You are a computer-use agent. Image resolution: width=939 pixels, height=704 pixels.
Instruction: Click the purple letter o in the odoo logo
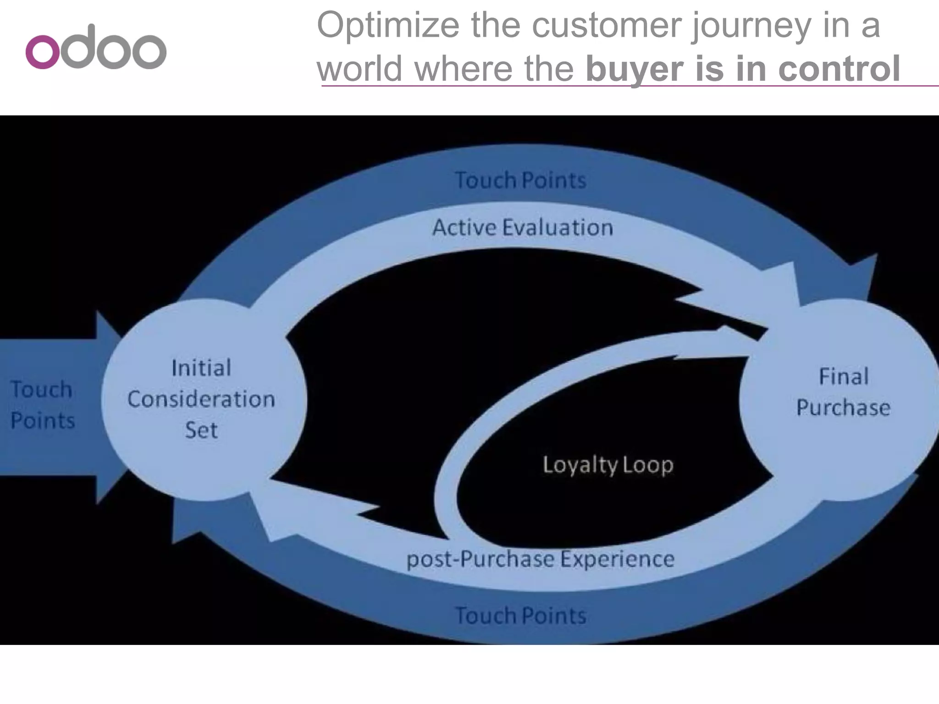[x=43, y=52]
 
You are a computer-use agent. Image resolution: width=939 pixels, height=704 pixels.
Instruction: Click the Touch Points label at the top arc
[x=520, y=180]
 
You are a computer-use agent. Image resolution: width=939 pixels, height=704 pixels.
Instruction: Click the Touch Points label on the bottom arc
[x=520, y=616]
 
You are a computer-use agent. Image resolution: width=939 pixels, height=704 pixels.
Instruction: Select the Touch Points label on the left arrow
[x=42, y=405]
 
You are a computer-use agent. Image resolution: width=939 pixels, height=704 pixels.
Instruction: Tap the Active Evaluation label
[x=523, y=228]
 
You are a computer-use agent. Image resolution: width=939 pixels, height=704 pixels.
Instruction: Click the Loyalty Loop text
[x=608, y=465]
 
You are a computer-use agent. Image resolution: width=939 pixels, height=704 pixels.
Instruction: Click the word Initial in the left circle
[x=201, y=368]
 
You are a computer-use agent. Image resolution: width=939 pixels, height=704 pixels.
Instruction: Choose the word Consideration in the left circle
[x=201, y=399]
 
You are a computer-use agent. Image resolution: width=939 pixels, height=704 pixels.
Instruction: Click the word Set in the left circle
[x=201, y=430]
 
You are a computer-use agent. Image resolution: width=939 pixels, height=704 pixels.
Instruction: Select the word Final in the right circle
[x=844, y=377]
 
